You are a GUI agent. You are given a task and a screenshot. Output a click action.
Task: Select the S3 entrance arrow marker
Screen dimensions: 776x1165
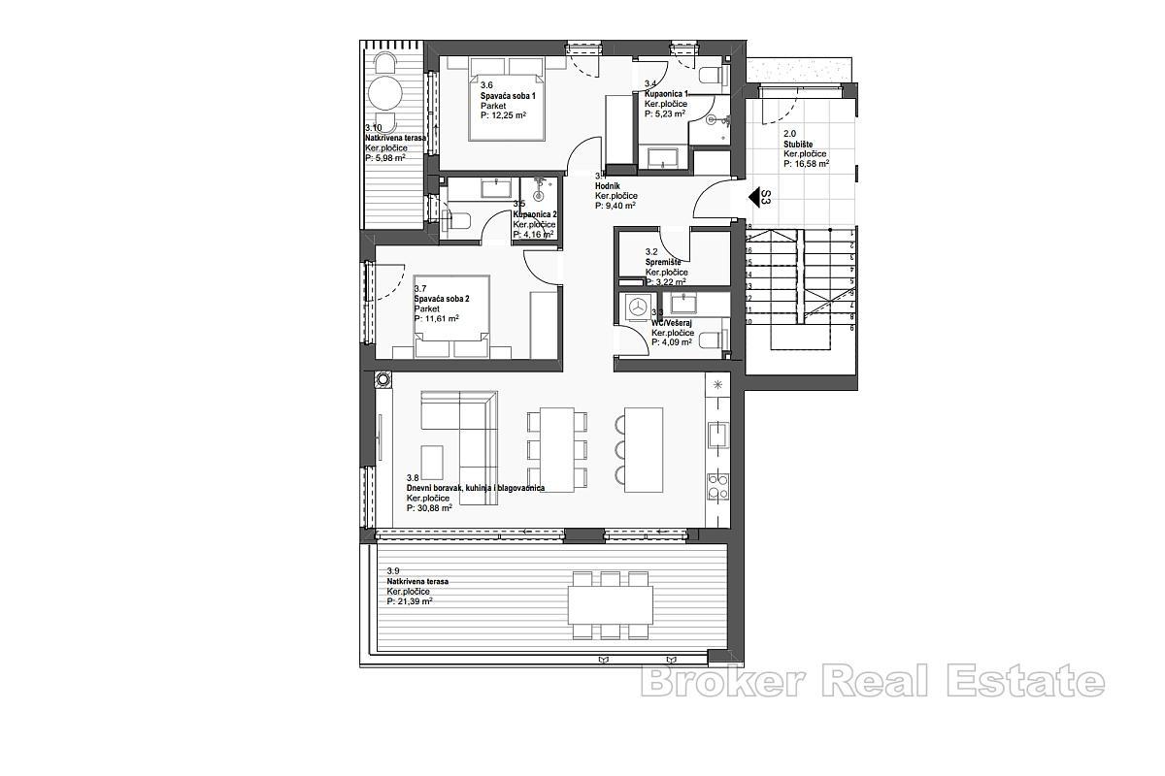(x=754, y=198)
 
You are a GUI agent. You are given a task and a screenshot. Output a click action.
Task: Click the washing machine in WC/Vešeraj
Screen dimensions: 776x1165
(x=638, y=306)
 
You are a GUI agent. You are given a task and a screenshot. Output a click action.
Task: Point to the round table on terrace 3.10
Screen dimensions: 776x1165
(x=385, y=94)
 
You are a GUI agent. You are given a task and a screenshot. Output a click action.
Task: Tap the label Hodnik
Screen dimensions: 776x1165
(x=609, y=185)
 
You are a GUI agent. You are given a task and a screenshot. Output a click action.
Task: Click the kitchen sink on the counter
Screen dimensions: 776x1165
(x=717, y=435)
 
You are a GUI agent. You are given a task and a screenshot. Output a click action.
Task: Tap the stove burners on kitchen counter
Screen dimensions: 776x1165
(x=718, y=485)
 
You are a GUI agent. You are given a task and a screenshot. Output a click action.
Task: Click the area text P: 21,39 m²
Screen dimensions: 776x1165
(x=409, y=601)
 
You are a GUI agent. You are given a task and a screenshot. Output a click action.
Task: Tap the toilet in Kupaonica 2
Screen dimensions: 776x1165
(x=457, y=219)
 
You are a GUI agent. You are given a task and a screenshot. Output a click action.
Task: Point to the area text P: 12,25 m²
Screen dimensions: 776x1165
(x=503, y=115)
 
